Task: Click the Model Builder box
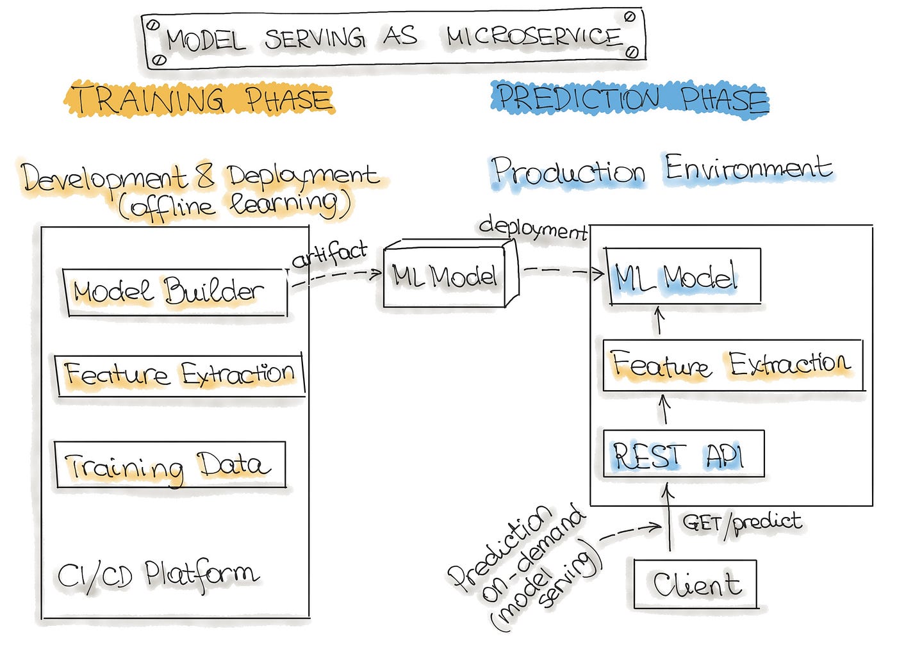pos(175,292)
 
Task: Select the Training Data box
pos(170,465)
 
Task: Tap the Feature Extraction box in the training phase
pos(179,375)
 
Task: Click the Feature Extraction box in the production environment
pos(732,365)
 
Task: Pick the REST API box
pos(683,455)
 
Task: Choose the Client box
pos(696,584)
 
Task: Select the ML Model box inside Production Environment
pos(683,277)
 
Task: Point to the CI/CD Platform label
pos(158,575)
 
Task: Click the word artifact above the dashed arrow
pos(329,255)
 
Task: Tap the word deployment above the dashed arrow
pos(532,228)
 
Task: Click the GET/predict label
pos(742,523)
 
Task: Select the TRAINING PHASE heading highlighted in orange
pos(200,100)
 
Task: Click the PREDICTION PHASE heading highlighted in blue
pos(631,100)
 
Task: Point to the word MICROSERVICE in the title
pos(534,37)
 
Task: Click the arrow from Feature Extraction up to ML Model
pos(659,321)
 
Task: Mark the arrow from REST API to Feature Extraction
pos(664,409)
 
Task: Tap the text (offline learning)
pos(235,206)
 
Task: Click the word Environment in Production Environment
pos(748,169)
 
